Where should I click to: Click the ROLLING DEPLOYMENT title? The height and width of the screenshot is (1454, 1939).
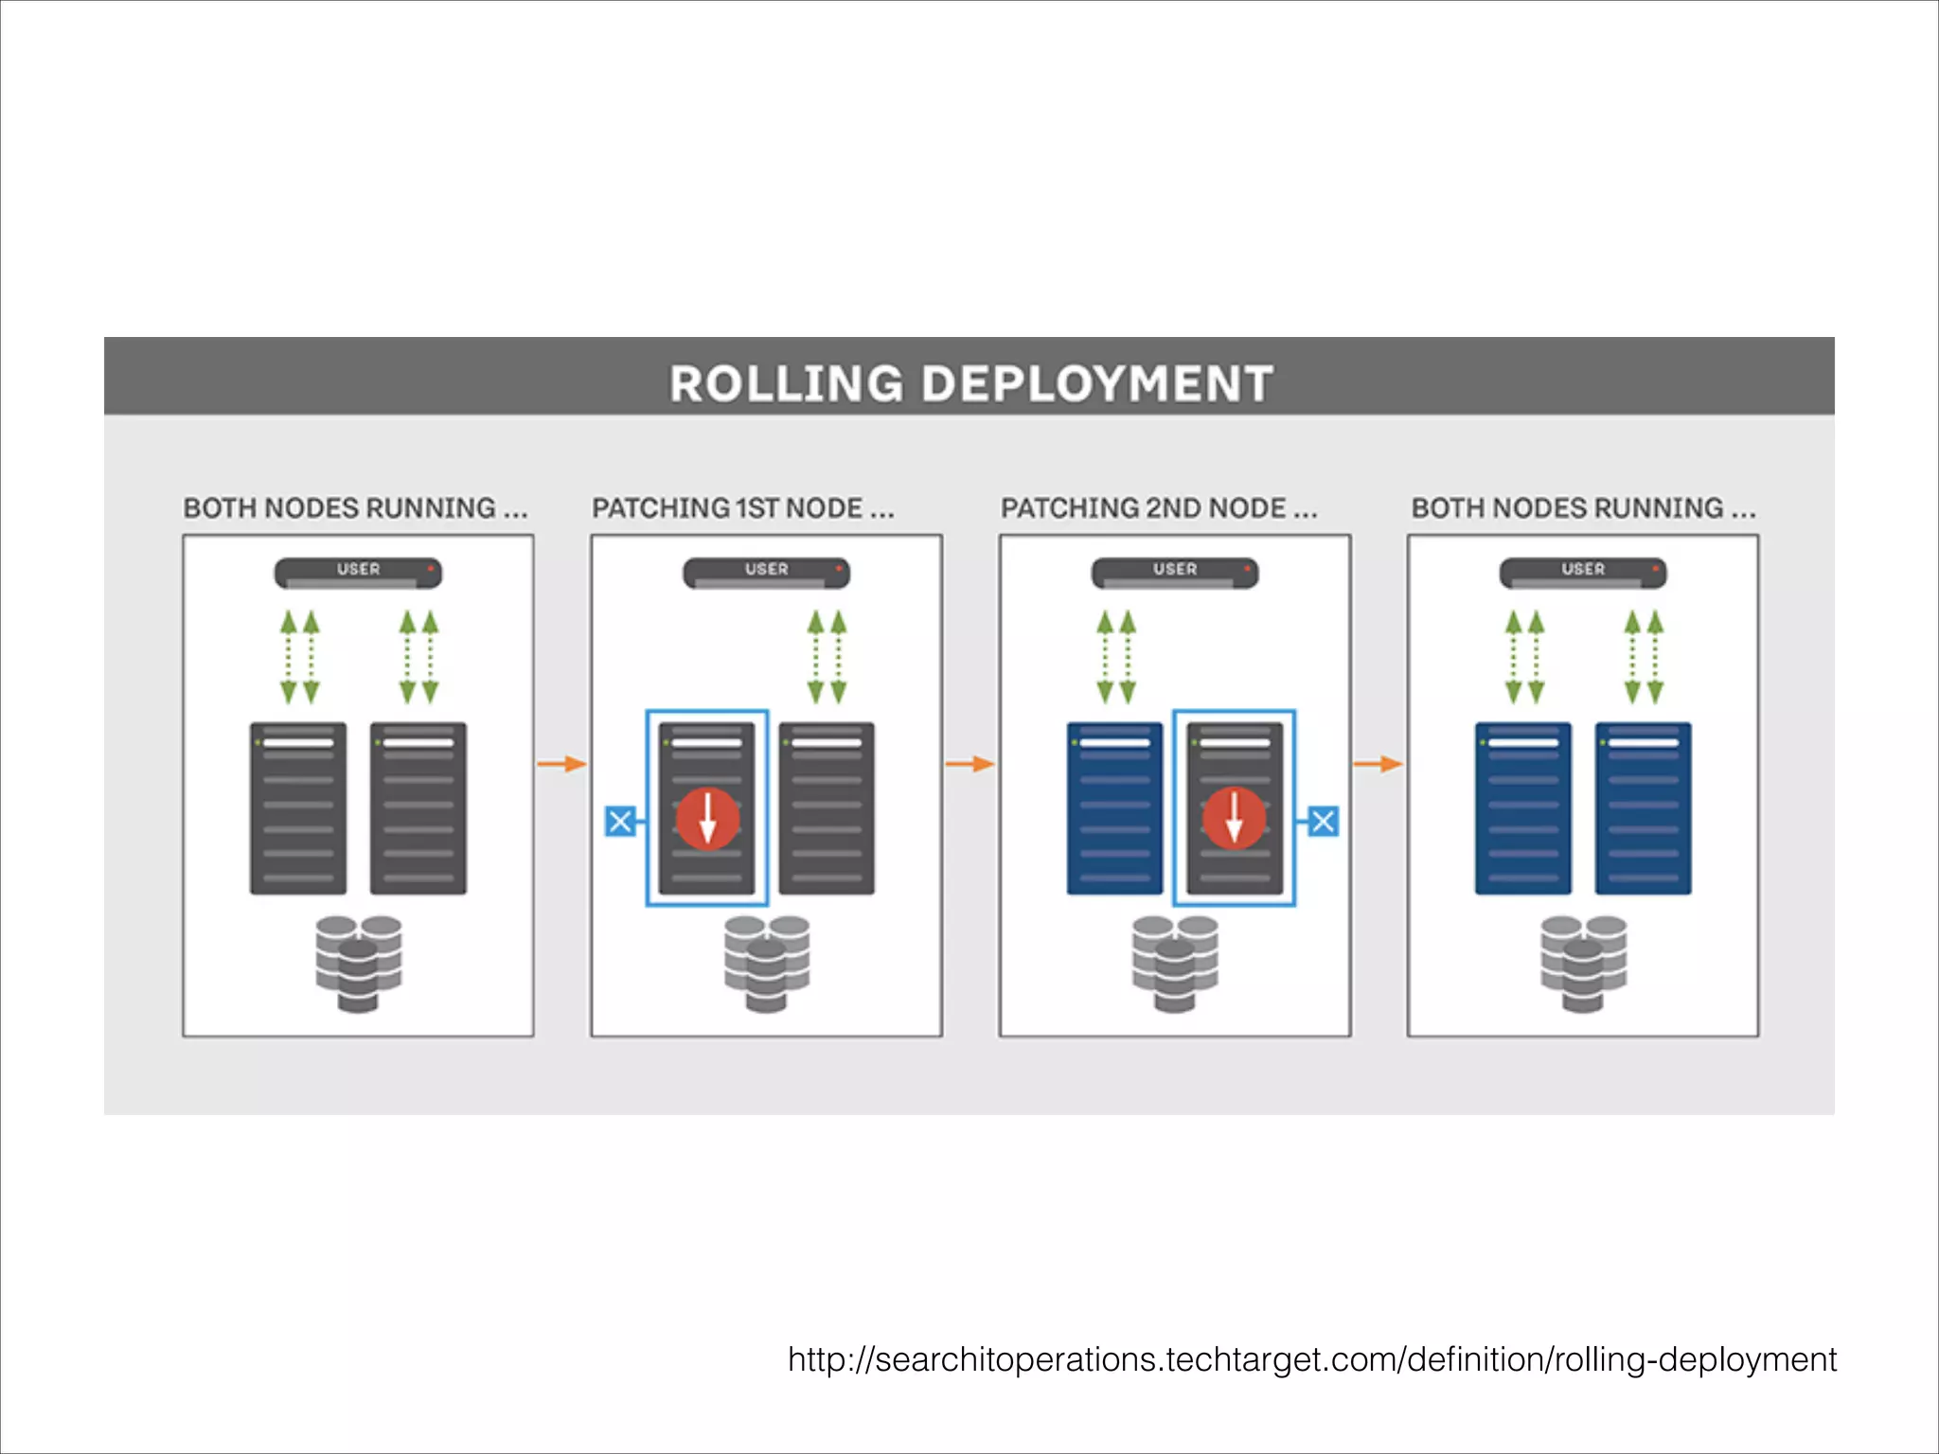(970, 383)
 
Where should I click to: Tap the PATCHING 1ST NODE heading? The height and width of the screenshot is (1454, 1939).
(742, 508)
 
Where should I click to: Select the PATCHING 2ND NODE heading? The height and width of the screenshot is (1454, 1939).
(1158, 508)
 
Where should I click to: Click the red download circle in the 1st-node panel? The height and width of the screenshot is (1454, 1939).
(707, 819)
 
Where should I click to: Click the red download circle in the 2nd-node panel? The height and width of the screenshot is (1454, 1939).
(1234, 819)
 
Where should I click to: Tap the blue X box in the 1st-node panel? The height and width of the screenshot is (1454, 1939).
(620, 821)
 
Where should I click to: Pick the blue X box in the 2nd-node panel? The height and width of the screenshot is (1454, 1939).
(1323, 821)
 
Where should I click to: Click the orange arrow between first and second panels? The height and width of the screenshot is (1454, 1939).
(561, 763)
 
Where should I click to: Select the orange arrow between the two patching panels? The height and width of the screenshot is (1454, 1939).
(969, 763)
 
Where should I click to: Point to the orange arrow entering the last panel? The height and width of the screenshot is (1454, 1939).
(1378, 763)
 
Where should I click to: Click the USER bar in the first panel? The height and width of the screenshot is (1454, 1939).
(358, 572)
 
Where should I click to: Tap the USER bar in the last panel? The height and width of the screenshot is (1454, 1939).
(1582, 572)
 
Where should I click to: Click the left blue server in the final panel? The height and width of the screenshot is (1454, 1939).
(1522, 808)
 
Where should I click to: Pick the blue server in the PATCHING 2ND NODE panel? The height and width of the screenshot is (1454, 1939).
(1114, 808)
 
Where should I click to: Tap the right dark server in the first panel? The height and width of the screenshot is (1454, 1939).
(418, 808)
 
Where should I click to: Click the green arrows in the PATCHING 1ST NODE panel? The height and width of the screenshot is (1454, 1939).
(827, 657)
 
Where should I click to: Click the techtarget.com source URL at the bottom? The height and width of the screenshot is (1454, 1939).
(1311, 1359)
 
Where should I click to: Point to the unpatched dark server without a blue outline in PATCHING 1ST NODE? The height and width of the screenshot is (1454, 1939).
(827, 808)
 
